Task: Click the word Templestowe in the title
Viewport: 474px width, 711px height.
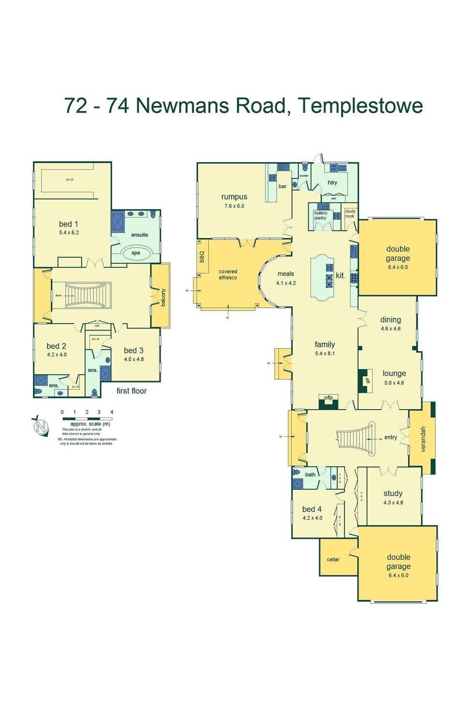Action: click(x=360, y=106)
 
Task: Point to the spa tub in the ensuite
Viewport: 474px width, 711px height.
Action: click(x=136, y=253)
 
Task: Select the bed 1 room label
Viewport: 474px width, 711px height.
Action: click(x=69, y=224)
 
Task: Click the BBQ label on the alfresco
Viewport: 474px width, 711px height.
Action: click(x=202, y=257)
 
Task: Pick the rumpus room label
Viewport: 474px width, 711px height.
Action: click(x=234, y=197)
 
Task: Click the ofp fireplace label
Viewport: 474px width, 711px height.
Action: click(x=328, y=398)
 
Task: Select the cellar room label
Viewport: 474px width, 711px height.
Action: click(x=333, y=560)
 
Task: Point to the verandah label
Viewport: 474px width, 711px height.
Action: click(x=423, y=439)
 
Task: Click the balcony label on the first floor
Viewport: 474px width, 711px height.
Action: click(x=163, y=297)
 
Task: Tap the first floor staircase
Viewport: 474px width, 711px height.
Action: click(x=85, y=295)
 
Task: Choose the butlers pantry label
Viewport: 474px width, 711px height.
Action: click(x=320, y=215)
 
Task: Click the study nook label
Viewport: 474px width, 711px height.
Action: click(x=350, y=214)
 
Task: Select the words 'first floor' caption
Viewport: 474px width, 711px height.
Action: click(x=132, y=391)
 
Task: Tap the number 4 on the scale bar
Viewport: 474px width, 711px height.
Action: click(x=112, y=412)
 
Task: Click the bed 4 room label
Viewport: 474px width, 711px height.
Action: click(x=312, y=509)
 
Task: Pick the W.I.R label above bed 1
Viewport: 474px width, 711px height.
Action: click(x=70, y=180)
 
